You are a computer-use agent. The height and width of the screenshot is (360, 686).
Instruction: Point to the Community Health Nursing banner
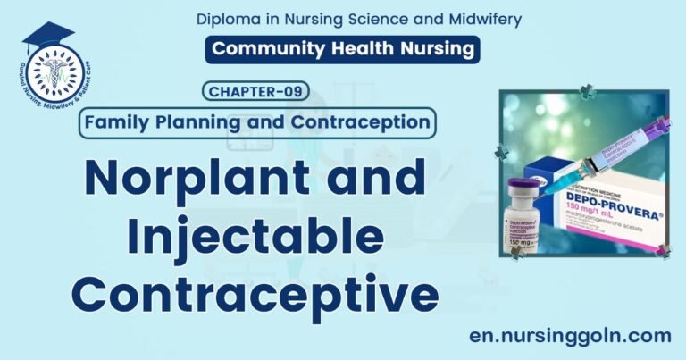click(x=342, y=49)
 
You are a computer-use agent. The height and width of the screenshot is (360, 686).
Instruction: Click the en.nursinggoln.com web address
click(x=570, y=335)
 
